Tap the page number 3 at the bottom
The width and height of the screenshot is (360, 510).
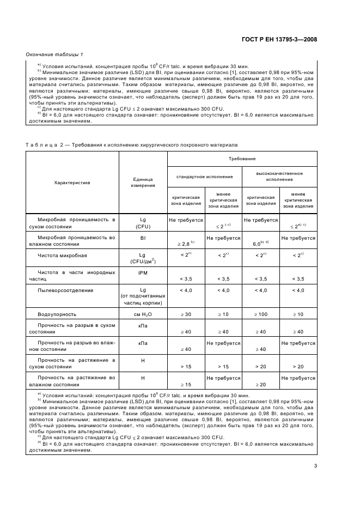coord(315,465)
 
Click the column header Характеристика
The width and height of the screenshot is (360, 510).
coord(72,183)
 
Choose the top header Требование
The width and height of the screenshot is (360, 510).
coord(242,158)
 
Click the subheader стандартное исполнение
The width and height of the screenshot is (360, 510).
coord(204,177)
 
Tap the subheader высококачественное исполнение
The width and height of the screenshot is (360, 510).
coord(279,176)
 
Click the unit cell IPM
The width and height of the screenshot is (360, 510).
coord(143,272)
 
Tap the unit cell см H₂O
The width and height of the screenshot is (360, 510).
coord(143,314)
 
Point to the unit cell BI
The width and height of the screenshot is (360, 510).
coord(143,238)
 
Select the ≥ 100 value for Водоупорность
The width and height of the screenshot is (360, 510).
coord(261,314)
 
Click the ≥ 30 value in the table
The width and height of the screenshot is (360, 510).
coord(186,314)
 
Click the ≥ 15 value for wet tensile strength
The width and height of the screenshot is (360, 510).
coord(186,384)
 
